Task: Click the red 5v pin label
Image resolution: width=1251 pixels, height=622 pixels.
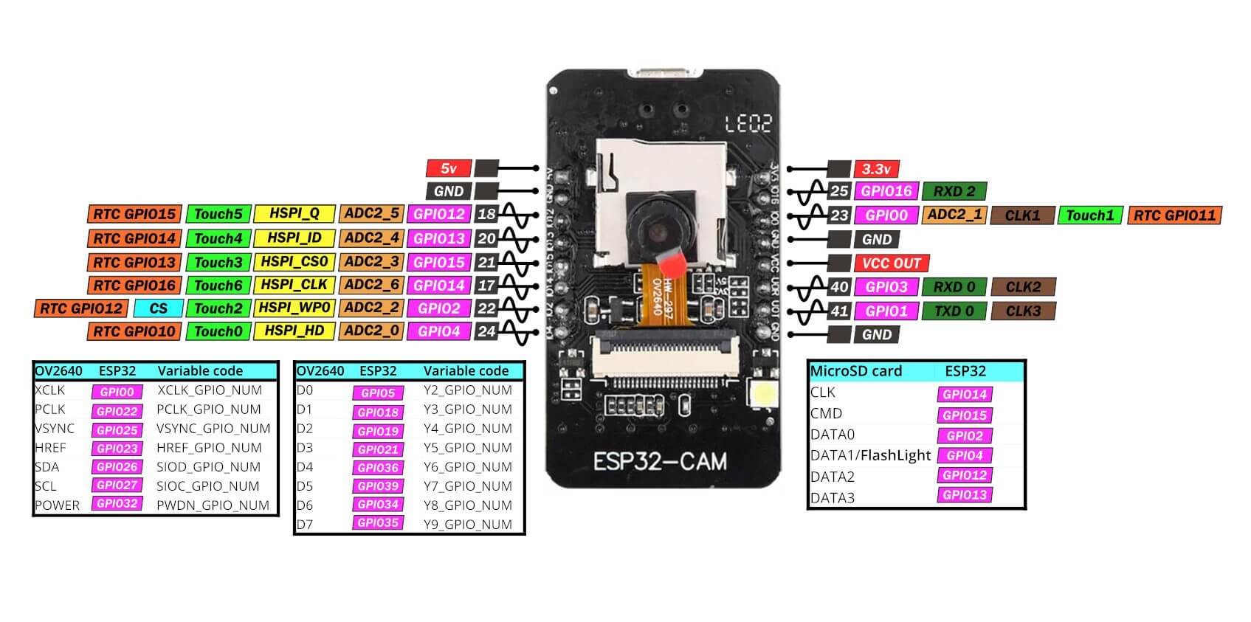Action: (448, 168)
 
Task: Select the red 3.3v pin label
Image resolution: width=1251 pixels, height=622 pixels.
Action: (876, 169)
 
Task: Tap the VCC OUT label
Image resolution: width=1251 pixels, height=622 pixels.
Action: (892, 263)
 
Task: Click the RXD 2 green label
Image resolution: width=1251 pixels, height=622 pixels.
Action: (954, 192)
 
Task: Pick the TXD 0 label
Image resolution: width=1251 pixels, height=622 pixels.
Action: (954, 311)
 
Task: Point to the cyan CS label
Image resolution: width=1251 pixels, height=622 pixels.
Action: (158, 308)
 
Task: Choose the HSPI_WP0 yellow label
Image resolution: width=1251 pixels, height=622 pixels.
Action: (294, 308)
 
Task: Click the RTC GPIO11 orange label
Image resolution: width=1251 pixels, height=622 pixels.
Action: (1174, 215)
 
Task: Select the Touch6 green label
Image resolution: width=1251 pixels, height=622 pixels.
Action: (218, 285)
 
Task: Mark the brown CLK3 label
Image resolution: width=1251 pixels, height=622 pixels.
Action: (1023, 311)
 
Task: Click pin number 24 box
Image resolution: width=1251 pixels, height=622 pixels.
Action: (486, 331)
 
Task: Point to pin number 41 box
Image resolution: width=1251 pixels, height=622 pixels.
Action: (839, 311)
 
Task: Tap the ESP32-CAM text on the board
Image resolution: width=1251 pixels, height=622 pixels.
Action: (660, 462)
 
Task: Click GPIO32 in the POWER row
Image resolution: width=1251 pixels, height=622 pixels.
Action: (117, 504)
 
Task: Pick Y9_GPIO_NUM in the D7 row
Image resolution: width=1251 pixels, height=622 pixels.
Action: (467, 525)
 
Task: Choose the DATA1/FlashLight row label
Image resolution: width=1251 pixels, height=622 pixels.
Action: (870, 455)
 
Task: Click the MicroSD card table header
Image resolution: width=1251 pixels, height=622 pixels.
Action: (856, 371)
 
